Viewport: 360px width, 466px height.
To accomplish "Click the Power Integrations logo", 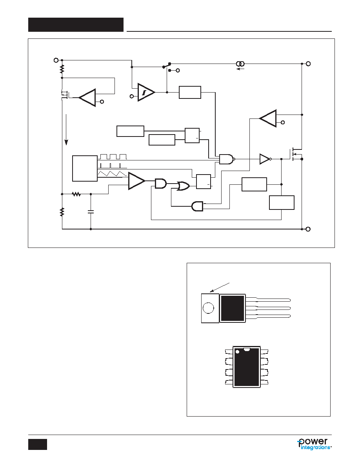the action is pyautogui.click(x=315, y=444).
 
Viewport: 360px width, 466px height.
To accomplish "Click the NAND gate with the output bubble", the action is pyautogui.click(x=227, y=159).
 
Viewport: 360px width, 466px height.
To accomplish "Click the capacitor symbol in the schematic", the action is pyautogui.click(x=91, y=212).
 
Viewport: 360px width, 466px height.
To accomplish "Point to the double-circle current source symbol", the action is pyautogui.click(x=240, y=64).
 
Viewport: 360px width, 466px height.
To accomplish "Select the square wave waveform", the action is pyautogui.click(x=113, y=157).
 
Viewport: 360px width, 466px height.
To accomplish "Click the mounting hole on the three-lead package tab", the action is pyautogui.click(x=209, y=308).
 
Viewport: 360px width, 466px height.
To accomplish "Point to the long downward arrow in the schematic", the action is pyautogui.click(x=66, y=129).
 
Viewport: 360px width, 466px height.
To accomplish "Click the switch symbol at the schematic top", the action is pyautogui.click(x=167, y=66).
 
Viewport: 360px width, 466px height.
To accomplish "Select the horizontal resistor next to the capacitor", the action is pyautogui.click(x=76, y=194).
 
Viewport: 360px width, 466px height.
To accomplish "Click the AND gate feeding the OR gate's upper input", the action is pyautogui.click(x=161, y=183).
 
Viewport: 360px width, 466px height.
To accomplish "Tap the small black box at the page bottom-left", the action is pyautogui.click(x=38, y=444).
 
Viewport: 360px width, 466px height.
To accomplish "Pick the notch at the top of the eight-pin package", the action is pyautogui.click(x=247, y=349).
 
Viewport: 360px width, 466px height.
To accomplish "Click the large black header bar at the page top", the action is pyautogui.click(x=76, y=25).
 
